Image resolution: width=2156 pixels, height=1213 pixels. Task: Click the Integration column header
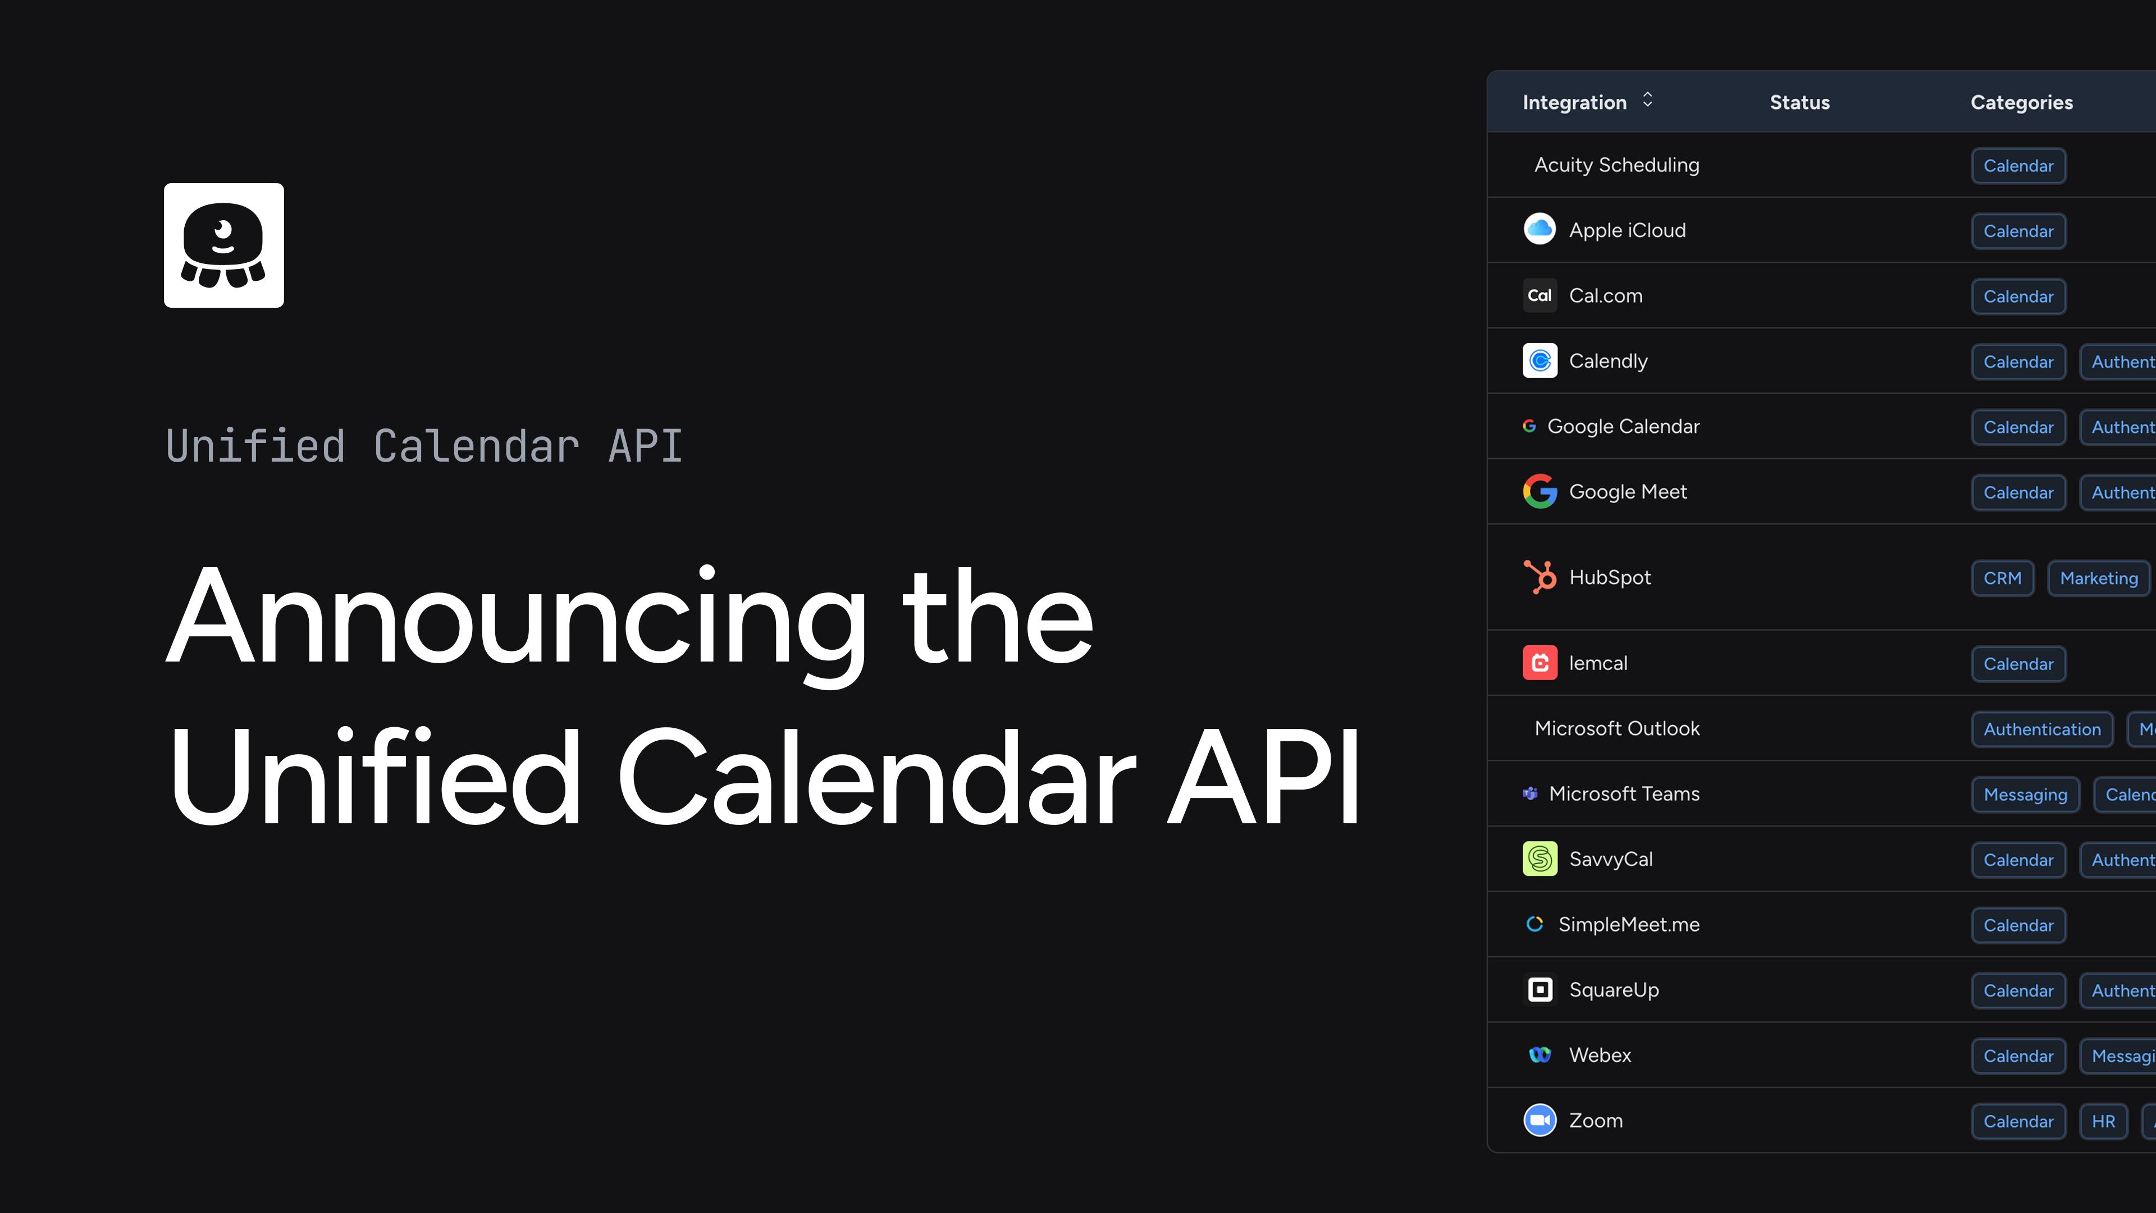tap(1574, 102)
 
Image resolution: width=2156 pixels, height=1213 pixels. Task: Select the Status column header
tap(1799, 102)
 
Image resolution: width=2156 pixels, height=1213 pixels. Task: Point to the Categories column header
tap(2021, 102)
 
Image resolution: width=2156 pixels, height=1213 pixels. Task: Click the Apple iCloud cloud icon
tap(1539, 229)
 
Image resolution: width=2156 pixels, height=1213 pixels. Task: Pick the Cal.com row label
tap(1605, 295)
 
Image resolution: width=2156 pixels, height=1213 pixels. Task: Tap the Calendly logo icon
tap(1539, 361)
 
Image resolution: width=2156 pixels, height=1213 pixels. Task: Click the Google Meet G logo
tap(1539, 491)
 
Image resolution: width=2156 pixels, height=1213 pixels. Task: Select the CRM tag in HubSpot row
tap(2002, 578)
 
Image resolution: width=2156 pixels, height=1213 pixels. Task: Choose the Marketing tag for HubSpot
tap(2098, 578)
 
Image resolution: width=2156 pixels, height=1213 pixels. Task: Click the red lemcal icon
tap(1539, 663)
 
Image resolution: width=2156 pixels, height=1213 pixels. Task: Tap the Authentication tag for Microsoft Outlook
tap(2041, 729)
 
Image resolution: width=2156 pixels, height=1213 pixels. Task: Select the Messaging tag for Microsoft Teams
tap(2025, 795)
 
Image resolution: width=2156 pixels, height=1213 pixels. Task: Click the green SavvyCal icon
tap(1539, 859)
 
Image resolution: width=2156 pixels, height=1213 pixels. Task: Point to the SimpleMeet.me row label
tap(1628, 924)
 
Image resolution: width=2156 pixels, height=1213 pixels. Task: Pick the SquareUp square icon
tap(1539, 989)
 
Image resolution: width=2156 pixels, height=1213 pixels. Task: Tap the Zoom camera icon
tap(1539, 1120)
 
